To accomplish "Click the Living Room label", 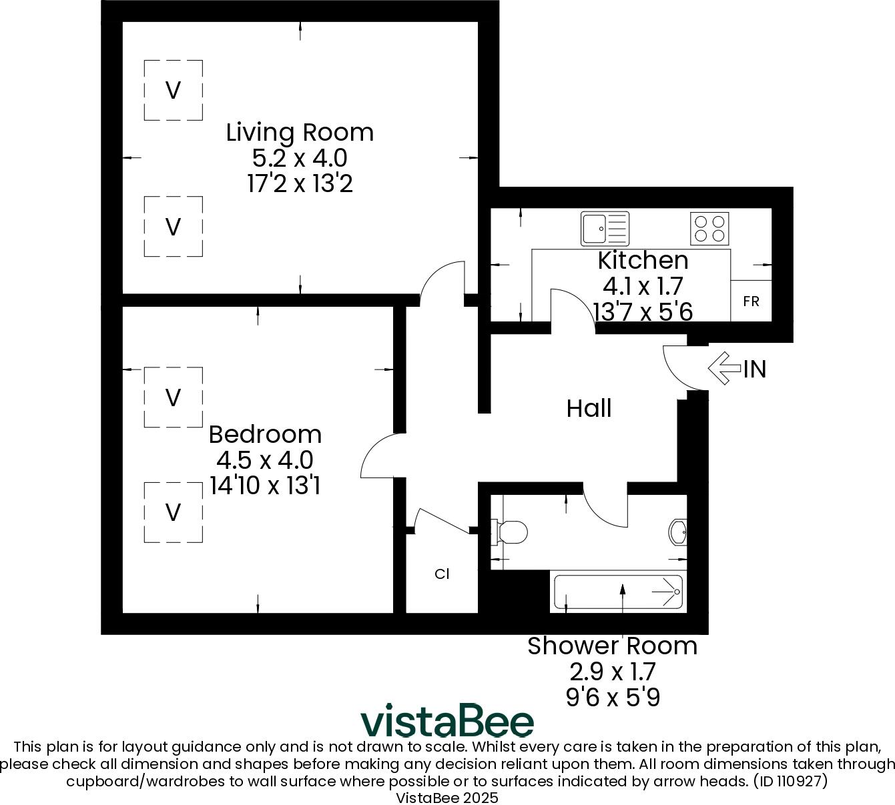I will (x=300, y=132).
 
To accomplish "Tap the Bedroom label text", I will (x=265, y=434).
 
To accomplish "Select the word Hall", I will (x=589, y=408).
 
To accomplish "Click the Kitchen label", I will (x=643, y=260).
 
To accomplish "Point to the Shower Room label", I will (x=612, y=646).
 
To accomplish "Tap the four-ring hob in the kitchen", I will (x=709, y=228).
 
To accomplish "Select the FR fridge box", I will (x=751, y=301).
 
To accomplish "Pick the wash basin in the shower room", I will (x=677, y=532).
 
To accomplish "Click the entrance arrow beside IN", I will (x=723, y=368).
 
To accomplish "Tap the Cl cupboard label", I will (x=442, y=574).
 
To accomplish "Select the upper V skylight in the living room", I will (x=174, y=90).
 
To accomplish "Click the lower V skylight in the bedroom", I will (x=174, y=512).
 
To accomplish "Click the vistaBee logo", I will (x=447, y=721).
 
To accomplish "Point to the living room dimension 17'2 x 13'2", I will (x=300, y=183).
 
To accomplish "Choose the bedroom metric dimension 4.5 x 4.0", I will (x=265, y=460).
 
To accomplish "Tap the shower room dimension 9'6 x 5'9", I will (x=612, y=698).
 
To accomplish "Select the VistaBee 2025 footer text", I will (x=447, y=798).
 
